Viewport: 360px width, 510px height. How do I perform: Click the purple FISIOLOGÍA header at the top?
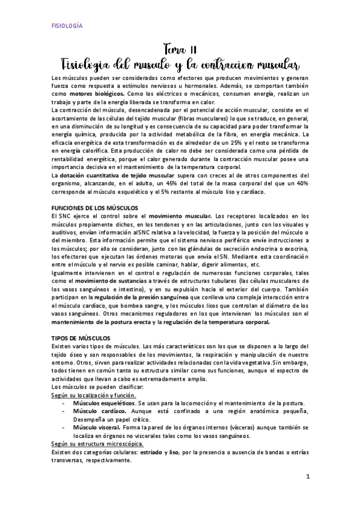66,26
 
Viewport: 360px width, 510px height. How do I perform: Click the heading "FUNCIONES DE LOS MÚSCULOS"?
94,207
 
